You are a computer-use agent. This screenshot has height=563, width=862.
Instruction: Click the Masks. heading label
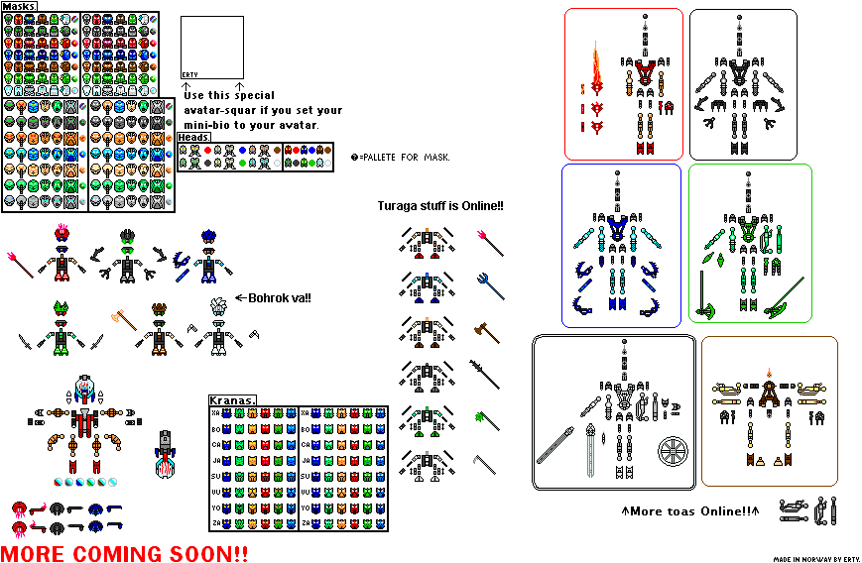[19, 6]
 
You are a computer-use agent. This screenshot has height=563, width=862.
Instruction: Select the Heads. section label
[193, 137]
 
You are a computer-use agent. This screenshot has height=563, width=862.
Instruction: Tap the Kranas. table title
[233, 400]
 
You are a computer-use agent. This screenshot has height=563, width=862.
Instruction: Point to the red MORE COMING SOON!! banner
[124, 552]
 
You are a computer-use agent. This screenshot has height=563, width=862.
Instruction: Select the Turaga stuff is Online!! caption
[440, 206]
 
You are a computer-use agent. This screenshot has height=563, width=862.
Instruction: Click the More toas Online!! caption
[689, 511]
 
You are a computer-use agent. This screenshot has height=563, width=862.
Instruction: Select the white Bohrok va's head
[216, 307]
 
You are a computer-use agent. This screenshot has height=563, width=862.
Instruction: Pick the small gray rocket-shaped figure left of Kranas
[167, 453]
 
